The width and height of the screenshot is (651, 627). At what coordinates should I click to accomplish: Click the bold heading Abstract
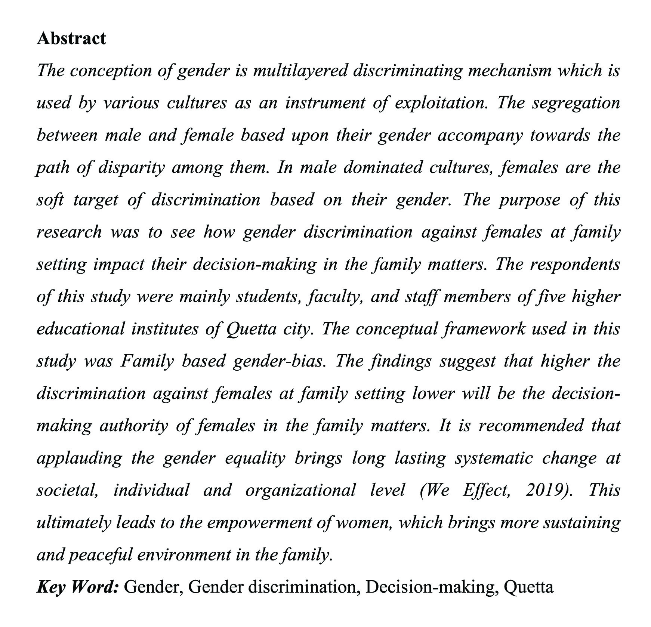71,38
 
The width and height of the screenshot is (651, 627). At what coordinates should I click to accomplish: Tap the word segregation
576,103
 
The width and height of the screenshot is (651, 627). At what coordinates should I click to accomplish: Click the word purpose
530,200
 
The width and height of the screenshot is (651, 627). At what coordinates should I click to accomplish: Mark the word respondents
575,265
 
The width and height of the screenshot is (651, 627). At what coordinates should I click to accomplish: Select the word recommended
531,426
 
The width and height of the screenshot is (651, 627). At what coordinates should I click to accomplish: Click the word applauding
79,458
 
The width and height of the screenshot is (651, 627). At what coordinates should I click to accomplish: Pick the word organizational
300,490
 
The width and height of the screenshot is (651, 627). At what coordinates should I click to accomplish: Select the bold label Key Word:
78,587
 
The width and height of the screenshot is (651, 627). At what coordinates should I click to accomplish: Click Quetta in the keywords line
528,587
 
